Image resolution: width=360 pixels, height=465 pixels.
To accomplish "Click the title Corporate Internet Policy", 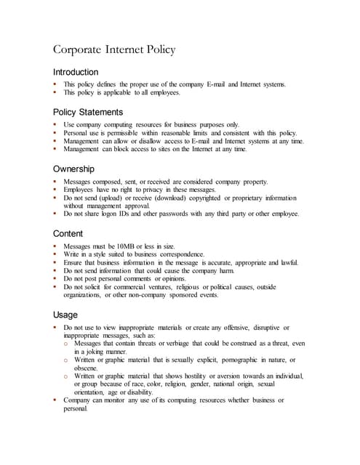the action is [114, 50].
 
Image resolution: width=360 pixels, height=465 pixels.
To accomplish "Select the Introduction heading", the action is [76, 73].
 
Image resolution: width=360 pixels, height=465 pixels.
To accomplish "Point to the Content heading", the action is [68, 234].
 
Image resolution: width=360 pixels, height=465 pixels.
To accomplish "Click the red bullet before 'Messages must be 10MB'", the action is [55, 247].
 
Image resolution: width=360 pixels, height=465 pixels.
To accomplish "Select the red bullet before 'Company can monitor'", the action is [55, 400].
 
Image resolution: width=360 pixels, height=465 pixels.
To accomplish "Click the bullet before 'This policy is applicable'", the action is [55, 92].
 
